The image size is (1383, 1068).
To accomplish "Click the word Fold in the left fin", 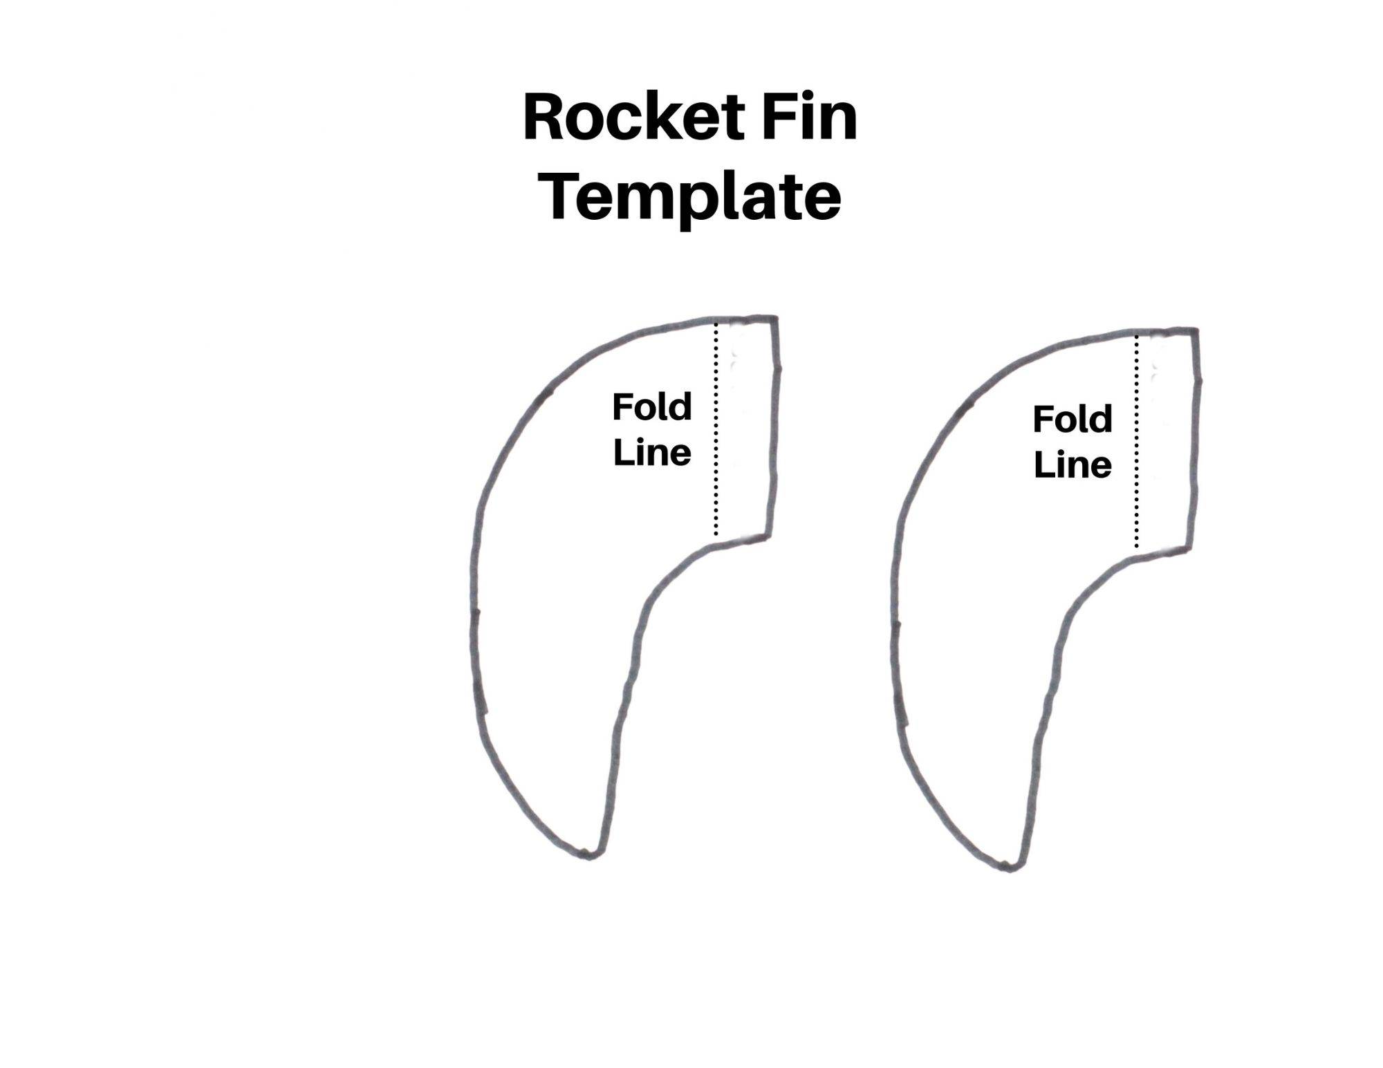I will coord(651,407).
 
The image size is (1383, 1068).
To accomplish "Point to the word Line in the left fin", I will coord(651,453).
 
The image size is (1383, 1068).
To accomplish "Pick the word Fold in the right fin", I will coord(1072,420).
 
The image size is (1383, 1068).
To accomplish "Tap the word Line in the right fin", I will coord(1072,465).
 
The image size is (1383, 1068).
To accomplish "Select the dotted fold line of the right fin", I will coord(1136,442).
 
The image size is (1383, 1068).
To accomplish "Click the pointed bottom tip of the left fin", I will coord(588,856).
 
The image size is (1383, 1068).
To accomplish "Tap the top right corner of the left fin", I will coord(776,319).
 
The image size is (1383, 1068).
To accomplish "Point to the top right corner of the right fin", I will coord(1196,330).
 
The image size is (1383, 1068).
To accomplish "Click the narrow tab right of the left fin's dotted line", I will coord(745,429).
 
